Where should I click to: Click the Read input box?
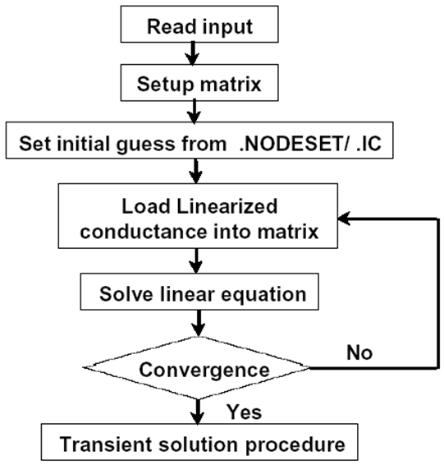(x=199, y=24)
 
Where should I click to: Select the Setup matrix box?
(x=199, y=83)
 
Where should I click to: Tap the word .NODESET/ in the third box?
(x=294, y=144)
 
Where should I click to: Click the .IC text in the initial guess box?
(x=368, y=144)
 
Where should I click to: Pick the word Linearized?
(x=227, y=206)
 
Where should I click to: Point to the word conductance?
(x=144, y=232)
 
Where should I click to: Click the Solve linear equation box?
(x=199, y=292)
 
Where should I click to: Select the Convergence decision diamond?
(x=197, y=368)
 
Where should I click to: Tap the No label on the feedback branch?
(x=359, y=352)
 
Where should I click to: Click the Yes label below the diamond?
(x=245, y=412)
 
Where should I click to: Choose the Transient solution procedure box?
(x=199, y=442)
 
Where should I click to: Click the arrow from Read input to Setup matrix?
(x=193, y=53)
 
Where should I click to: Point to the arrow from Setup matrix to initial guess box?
(x=194, y=112)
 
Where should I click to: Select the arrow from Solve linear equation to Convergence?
(x=198, y=323)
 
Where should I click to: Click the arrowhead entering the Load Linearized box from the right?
(x=344, y=219)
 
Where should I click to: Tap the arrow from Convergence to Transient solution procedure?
(x=198, y=412)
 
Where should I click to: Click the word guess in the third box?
(x=145, y=145)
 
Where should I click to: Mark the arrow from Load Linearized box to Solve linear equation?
(x=195, y=260)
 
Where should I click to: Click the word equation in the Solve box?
(x=263, y=295)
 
